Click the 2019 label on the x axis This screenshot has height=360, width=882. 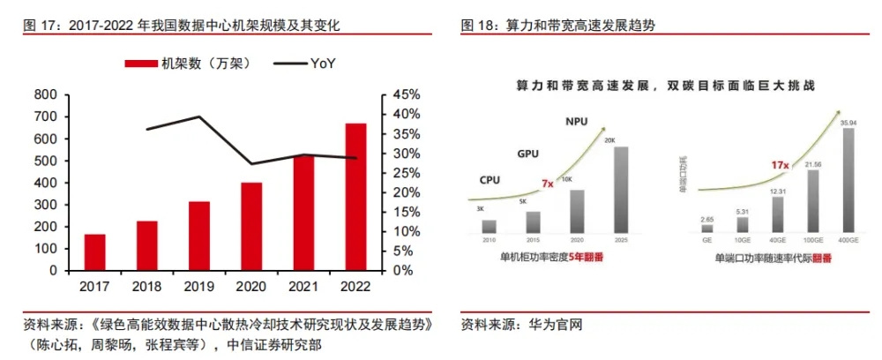pyautogui.click(x=199, y=287)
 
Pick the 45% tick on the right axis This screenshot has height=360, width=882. pyautogui.click(x=406, y=94)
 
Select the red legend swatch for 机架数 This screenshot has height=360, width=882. pyautogui.click(x=142, y=64)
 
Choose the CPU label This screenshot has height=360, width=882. pyautogui.click(x=490, y=180)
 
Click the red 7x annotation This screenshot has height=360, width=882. pyautogui.click(x=547, y=184)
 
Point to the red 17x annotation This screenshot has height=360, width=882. pyautogui.click(x=779, y=165)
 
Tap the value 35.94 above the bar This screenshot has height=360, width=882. pyautogui.click(x=848, y=121)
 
